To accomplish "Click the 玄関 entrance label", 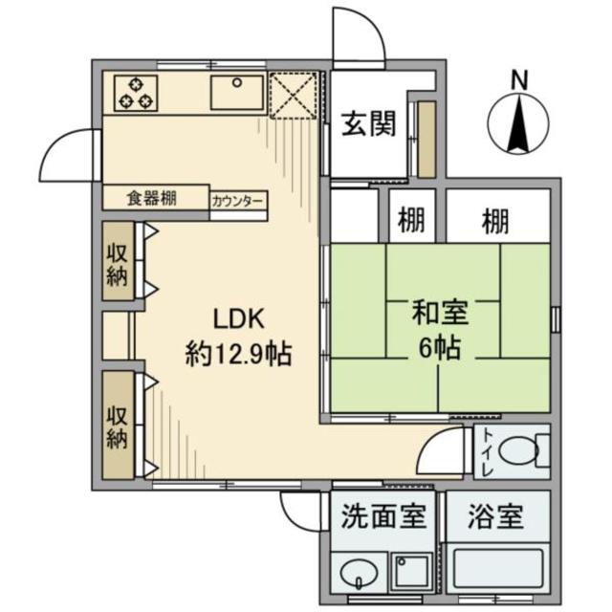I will (x=369, y=126).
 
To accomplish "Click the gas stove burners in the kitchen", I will (x=136, y=93).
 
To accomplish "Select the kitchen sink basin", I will (x=235, y=93).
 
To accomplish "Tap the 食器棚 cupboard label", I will (x=153, y=199).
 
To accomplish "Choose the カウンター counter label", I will (x=239, y=201).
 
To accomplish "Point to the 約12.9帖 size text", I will (x=238, y=355).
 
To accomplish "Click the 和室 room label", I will (x=439, y=313).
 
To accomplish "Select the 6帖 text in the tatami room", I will (x=439, y=347).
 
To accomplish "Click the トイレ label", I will (x=487, y=448).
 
